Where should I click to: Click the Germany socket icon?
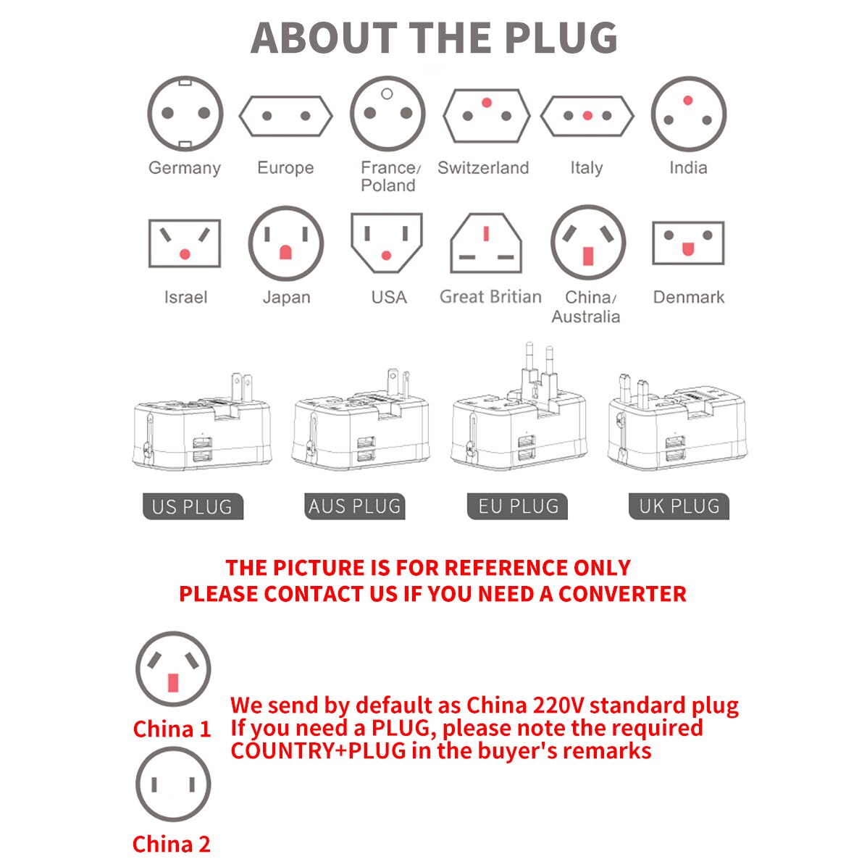point(185,113)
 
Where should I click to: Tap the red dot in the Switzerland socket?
point(487,102)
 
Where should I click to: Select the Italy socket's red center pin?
point(587,116)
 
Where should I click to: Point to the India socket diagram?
point(688,113)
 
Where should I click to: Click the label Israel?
point(185,298)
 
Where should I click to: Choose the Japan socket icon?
point(286,243)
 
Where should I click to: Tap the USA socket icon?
point(387,243)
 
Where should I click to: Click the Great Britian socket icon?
point(486,243)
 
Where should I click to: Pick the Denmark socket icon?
point(688,243)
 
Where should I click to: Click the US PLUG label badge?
point(193,506)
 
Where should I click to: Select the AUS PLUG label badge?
point(355,506)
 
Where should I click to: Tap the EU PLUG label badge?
point(518,506)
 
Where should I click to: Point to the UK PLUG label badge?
point(679,506)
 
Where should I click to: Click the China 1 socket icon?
point(173,669)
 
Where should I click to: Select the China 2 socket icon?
point(173,784)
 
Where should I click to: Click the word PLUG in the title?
point(561,38)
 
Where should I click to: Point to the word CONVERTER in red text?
point(623,594)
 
